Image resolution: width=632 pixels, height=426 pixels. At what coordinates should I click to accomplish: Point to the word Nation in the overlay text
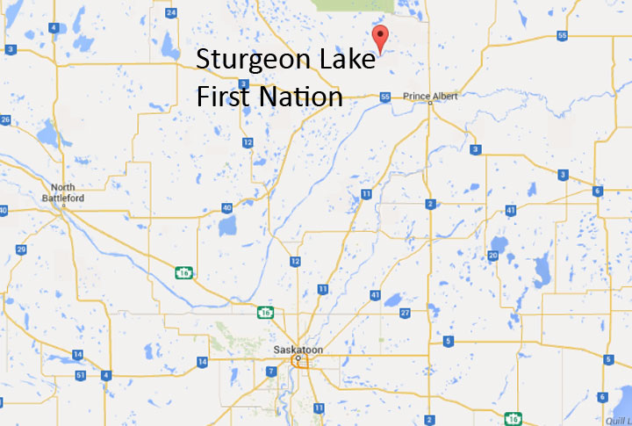click(299, 95)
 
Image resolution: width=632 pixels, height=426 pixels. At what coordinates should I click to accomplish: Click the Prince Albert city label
click(430, 96)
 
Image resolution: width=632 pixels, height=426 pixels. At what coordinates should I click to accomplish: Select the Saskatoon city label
click(298, 350)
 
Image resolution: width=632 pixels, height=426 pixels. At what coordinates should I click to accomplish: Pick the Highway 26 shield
click(5, 119)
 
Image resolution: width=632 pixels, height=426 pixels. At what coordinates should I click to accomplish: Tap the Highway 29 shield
click(19, 249)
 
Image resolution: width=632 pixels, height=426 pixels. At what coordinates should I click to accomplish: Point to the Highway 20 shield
click(493, 256)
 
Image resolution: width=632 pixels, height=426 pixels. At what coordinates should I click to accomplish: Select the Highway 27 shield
click(405, 313)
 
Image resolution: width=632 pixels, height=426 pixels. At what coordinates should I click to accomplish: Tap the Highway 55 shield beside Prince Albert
click(384, 97)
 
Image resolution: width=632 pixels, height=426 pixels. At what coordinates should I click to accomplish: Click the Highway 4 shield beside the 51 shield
click(106, 375)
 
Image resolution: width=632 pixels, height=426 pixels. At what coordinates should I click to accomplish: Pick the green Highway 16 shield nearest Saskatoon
click(264, 312)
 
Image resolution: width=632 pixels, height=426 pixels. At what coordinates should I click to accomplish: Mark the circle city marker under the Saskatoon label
click(298, 359)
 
